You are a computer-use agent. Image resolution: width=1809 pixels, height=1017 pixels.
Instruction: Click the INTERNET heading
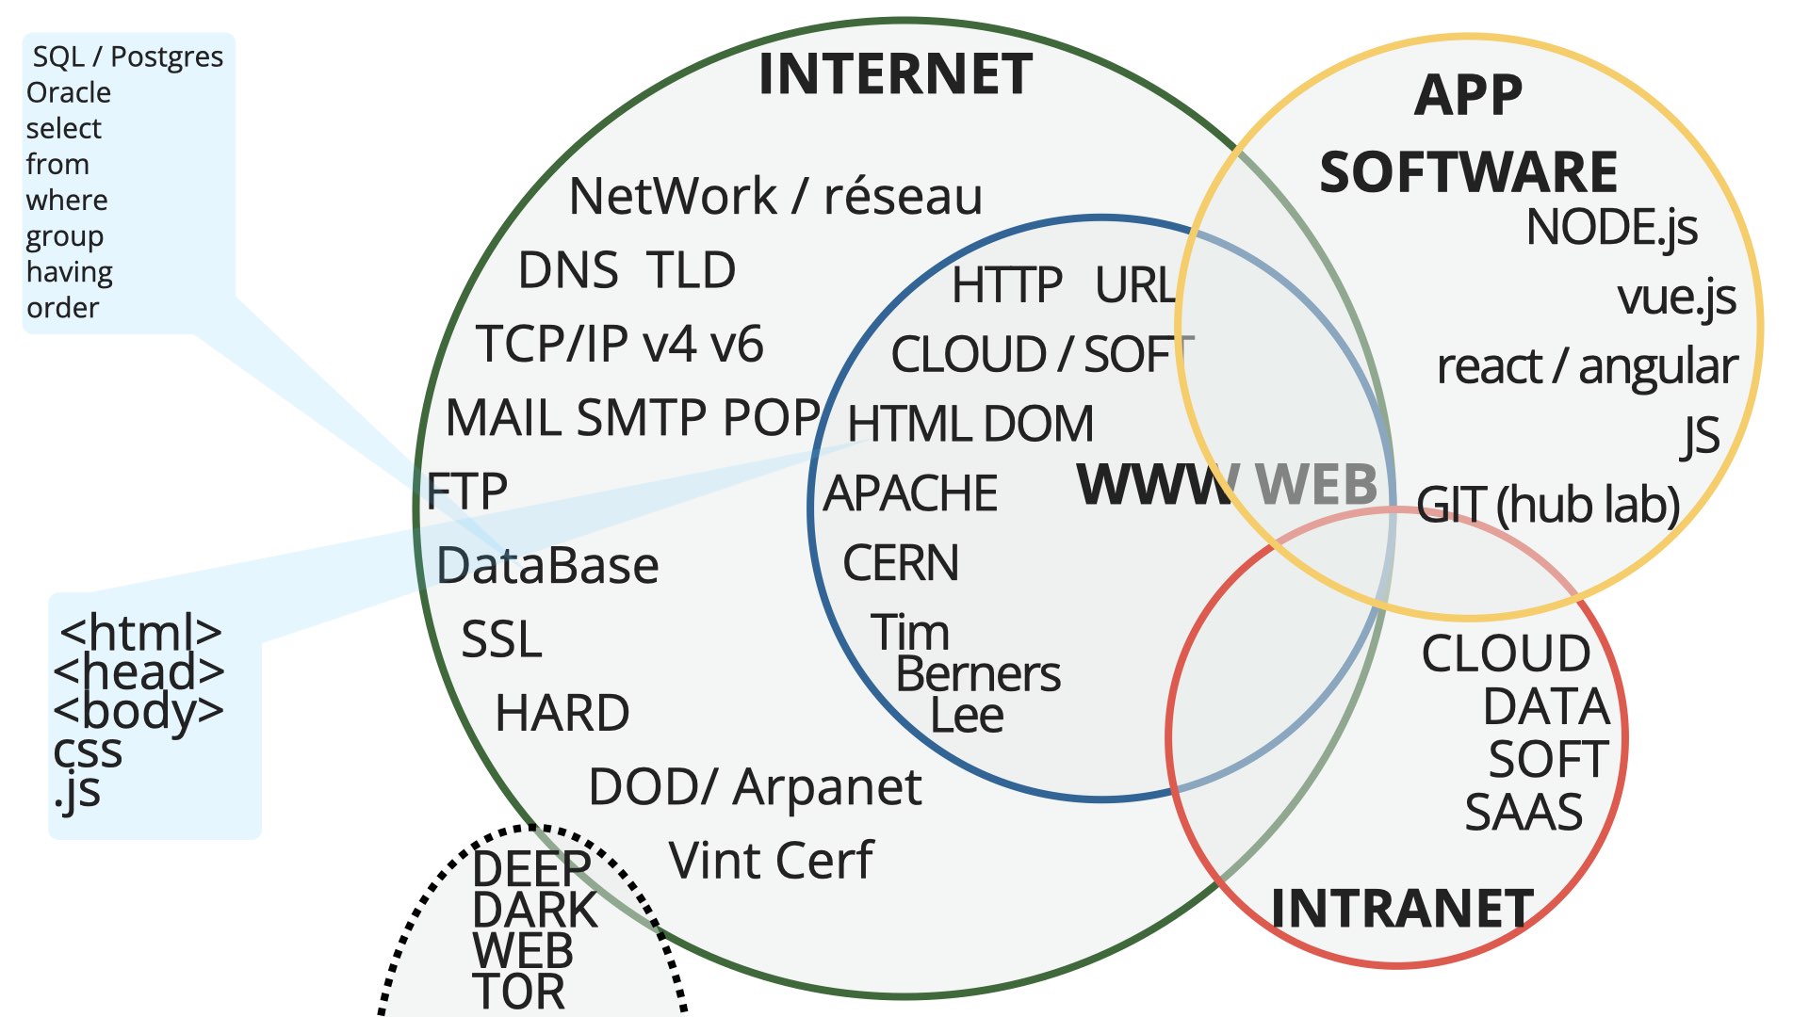click(x=895, y=74)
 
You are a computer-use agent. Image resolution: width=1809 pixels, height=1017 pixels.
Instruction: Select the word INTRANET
click(x=1402, y=909)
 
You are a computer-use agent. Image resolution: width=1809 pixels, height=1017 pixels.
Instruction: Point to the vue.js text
click(x=1676, y=298)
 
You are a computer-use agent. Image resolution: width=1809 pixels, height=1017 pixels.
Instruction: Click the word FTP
click(x=466, y=492)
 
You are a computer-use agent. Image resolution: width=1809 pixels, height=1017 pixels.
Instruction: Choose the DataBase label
click(x=547, y=566)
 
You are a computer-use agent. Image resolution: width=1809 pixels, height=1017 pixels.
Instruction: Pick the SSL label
click(x=501, y=639)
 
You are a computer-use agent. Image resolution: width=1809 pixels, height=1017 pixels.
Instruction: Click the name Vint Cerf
click(x=771, y=861)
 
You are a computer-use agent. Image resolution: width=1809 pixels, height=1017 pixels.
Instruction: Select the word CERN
click(x=901, y=563)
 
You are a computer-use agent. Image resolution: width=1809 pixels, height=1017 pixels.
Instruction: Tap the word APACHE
click(x=910, y=493)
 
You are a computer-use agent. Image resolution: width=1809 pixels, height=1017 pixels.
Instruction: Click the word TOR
click(x=519, y=993)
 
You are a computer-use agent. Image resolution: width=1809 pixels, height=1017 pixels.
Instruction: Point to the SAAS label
click(x=1524, y=813)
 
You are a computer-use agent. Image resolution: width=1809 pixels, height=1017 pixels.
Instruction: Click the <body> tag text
click(x=139, y=712)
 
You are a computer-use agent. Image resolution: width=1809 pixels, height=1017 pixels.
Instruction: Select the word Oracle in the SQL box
click(x=69, y=93)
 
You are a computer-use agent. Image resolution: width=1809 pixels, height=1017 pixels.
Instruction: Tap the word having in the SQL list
click(x=70, y=273)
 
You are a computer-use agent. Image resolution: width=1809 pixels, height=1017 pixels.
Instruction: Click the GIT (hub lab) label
click(x=1548, y=505)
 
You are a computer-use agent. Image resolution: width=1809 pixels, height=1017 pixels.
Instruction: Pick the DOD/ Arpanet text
click(x=755, y=787)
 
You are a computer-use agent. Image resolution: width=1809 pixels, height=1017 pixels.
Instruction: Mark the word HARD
click(x=562, y=713)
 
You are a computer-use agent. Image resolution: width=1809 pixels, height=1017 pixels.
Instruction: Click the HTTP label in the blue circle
click(x=1007, y=285)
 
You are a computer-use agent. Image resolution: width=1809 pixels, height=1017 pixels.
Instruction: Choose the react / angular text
click(x=1588, y=367)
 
